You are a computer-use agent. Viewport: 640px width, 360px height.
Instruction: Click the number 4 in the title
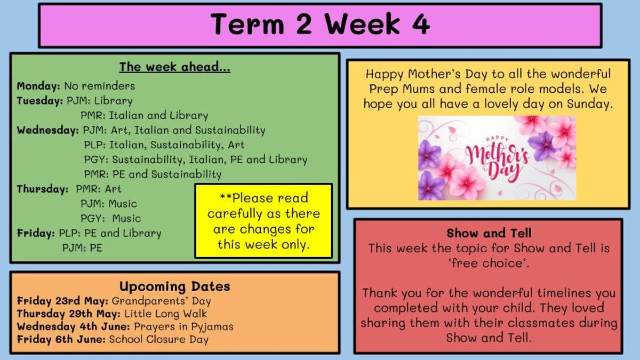pyautogui.click(x=421, y=24)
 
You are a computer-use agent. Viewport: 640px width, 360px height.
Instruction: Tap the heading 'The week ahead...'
pyautogui.click(x=174, y=67)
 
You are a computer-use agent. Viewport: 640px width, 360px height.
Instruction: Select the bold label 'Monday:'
pyautogui.click(x=38, y=86)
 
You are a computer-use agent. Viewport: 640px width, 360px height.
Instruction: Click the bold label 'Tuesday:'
pyautogui.click(x=39, y=101)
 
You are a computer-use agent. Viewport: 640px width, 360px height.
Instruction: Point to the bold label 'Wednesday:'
pyautogui.click(x=47, y=130)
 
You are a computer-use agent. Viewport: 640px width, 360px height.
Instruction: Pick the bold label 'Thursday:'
pyautogui.click(x=43, y=189)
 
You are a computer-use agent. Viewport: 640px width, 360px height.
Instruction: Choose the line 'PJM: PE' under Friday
pyautogui.click(x=82, y=247)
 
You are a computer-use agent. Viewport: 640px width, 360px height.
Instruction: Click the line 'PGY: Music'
pyautogui.click(x=111, y=218)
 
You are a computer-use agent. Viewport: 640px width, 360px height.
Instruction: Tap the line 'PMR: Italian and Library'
pyautogui.click(x=145, y=115)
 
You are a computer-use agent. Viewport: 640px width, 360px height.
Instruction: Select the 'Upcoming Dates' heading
pyautogui.click(x=174, y=286)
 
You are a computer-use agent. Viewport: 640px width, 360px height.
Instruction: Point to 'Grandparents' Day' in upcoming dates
pyautogui.click(x=161, y=301)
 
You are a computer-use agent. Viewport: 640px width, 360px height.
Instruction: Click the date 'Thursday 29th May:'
pyautogui.click(x=69, y=314)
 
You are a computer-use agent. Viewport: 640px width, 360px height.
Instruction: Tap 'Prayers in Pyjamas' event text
pyautogui.click(x=183, y=326)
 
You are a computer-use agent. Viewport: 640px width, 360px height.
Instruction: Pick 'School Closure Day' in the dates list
pyautogui.click(x=159, y=339)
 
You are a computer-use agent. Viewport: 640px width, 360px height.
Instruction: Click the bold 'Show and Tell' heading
pyautogui.click(x=489, y=233)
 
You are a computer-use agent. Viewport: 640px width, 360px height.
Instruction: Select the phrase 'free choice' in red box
pyautogui.click(x=489, y=263)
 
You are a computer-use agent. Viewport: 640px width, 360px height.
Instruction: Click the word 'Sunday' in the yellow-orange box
pyautogui.click(x=587, y=103)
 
